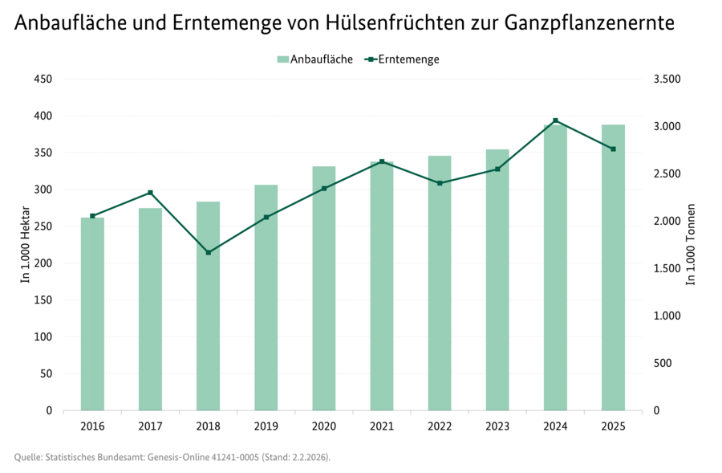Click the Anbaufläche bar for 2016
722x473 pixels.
[x=92, y=314]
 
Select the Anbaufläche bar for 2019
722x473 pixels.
[x=266, y=298]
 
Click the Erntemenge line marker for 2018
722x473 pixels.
[x=209, y=252]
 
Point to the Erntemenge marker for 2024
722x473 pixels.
[x=555, y=120]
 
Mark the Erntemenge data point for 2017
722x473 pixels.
[x=151, y=193]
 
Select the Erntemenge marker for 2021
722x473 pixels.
[x=382, y=161]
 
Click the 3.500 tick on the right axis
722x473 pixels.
[x=667, y=79]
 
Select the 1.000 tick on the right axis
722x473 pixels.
[x=667, y=316]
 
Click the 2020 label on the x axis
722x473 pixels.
[x=324, y=426]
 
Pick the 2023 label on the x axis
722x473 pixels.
[x=497, y=426]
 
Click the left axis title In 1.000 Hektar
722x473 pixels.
[x=26, y=245]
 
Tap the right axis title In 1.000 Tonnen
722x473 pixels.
[x=690, y=245]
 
